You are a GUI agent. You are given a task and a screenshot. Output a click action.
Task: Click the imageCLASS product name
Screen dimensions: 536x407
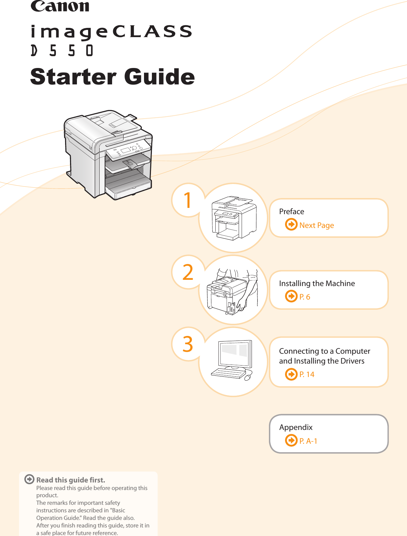[x=111, y=32]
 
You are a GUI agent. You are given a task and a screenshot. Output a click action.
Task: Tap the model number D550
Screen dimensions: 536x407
[x=62, y=51]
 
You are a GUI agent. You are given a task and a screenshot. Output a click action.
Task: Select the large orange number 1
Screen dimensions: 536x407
[x=187, y=200]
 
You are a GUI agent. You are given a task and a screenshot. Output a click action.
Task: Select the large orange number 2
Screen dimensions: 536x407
[x=188, y=272]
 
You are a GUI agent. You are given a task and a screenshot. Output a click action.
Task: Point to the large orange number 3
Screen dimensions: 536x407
[x=188, y=344]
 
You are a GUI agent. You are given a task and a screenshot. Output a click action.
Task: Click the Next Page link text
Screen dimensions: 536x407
[x=316, y=225]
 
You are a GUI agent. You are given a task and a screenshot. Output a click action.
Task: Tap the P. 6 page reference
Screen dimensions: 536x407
[x=304, y=297]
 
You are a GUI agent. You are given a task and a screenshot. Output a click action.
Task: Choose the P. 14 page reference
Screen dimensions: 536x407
[x=307, y=374]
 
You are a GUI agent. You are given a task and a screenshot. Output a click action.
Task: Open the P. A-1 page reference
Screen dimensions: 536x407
[x=308, y=441]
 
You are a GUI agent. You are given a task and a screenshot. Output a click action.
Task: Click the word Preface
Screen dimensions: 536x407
[x=291, y=212]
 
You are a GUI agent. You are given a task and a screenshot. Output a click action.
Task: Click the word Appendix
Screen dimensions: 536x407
[x=296, y=427]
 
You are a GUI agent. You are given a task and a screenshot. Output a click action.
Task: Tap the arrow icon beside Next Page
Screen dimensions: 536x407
[x=291, y=225]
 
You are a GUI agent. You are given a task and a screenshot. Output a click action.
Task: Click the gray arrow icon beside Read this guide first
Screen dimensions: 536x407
[x=29, y=479]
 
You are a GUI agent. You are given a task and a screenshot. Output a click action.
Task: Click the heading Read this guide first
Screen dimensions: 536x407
[x=71, y=480]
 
